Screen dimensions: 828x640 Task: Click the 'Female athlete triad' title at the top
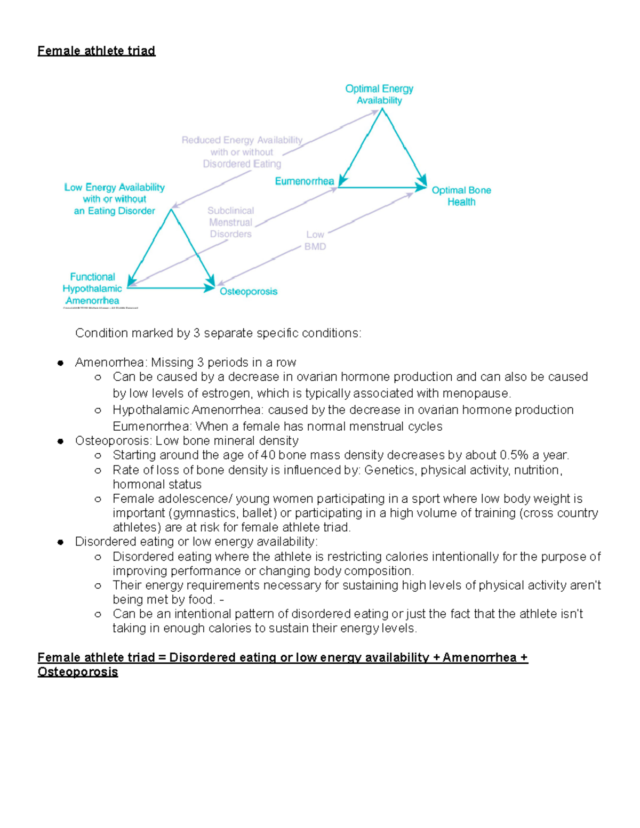tap(96, 51)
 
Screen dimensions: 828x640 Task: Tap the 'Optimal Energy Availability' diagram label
tap(379, 94)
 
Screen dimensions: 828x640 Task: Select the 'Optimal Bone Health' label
tap(461, 196)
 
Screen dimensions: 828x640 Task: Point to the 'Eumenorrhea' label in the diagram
tap(304, 181)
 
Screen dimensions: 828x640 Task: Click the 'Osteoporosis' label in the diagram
tap(249, 291)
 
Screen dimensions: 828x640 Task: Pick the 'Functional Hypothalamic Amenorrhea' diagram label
tap(92, 288)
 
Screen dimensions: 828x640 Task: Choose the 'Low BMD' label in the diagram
tap(315, 240)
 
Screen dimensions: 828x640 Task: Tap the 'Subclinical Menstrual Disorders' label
tap(230, 222)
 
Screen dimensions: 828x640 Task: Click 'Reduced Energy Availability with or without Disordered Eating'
tap(242, 152)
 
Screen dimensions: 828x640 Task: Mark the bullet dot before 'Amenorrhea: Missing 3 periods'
tap(61, 363)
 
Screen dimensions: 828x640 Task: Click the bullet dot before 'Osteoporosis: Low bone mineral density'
tap(61, 441)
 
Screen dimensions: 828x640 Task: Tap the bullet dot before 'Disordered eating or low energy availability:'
tap(61, 542)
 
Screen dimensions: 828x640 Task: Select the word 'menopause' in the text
tap(482, 393)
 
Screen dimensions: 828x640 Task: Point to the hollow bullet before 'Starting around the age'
tap(98, 456)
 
